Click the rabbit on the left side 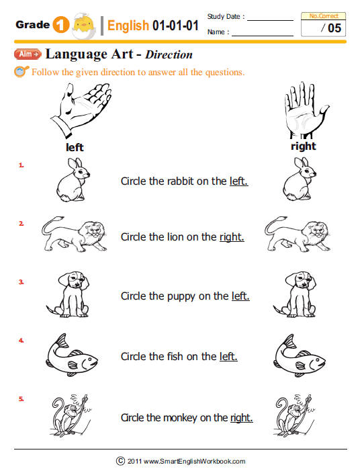point(72,179)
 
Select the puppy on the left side point(67,294)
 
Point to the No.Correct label point(324,15)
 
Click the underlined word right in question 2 point(232,237)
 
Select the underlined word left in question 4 point(228,356)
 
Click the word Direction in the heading point(169,54)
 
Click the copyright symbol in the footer point(120,461)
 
